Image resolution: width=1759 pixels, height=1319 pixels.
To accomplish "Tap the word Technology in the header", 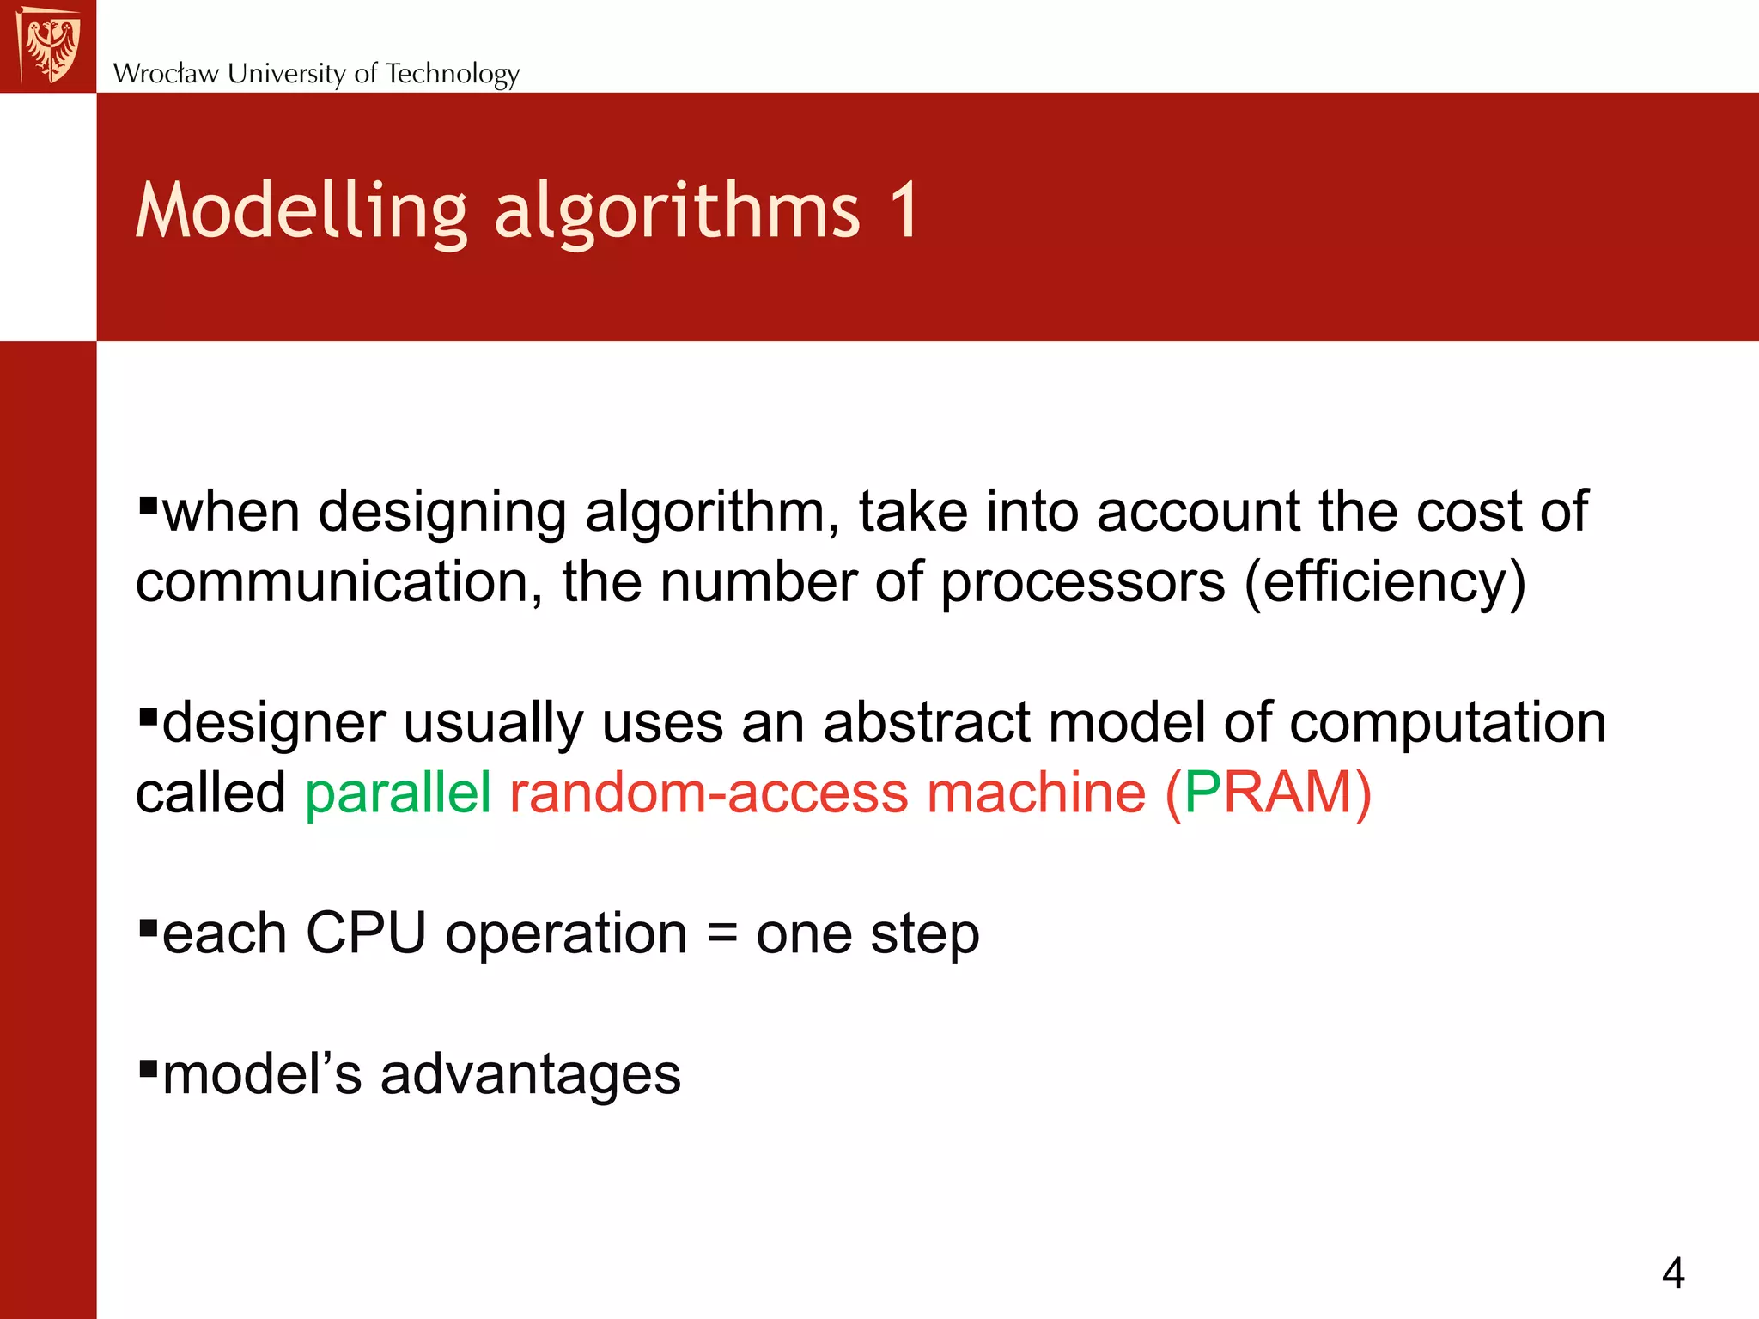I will tap(452, 74).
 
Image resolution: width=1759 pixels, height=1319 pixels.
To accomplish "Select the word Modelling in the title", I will tap(301, 211).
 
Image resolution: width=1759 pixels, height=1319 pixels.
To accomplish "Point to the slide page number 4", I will tap(1672, 1273).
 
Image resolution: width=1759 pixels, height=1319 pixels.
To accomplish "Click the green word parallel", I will tap(398, 792).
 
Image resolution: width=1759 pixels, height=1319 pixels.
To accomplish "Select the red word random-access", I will tap(709, 792).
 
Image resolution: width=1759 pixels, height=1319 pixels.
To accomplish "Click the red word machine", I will tap(1036, 792).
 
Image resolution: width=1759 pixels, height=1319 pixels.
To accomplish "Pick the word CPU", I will tap(366, 933).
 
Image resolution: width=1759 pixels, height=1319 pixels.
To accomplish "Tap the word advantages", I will tap(530, 1075).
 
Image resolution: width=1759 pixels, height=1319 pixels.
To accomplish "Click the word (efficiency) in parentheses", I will tap(1385, 582).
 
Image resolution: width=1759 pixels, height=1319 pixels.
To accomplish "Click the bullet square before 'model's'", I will tap(148, 1068).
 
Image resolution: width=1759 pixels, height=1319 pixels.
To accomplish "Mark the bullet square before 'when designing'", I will tap(148, 504).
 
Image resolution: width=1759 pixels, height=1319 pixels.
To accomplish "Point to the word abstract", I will tap(926, 721).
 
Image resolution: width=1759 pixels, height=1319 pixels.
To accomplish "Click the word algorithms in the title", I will tap(676, 211).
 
